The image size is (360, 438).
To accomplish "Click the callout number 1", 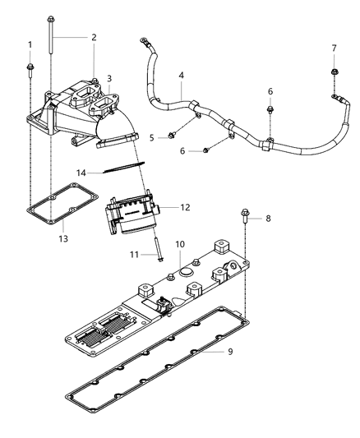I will point(30,44).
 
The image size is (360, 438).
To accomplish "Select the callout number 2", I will point(94,37).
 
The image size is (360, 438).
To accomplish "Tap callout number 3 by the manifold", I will point(108,78).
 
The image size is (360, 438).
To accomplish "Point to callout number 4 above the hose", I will point(181,76).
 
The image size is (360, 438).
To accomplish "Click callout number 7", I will point(335,48).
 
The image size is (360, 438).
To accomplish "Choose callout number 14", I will point(81,173).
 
